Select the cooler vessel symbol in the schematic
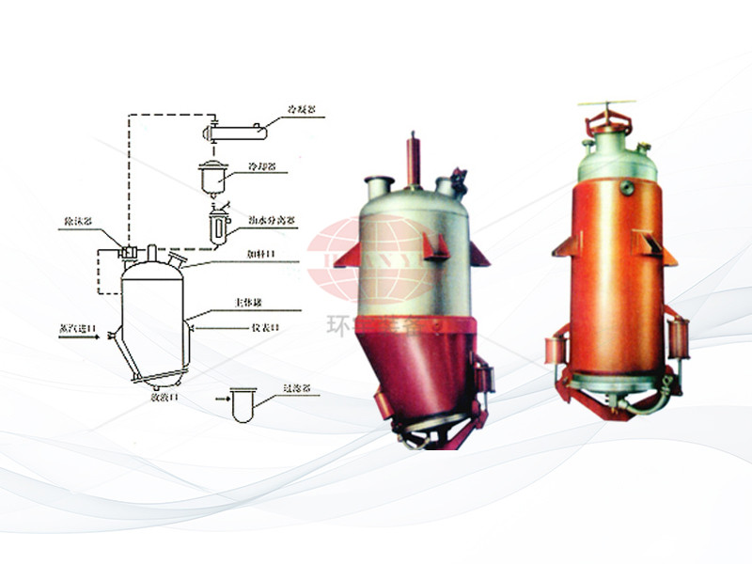click(x=213, y=177)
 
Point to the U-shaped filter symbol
click(x=243, y=406)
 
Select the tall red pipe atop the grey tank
click(x=412, y=160)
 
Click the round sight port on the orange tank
click(x=627, y=188)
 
